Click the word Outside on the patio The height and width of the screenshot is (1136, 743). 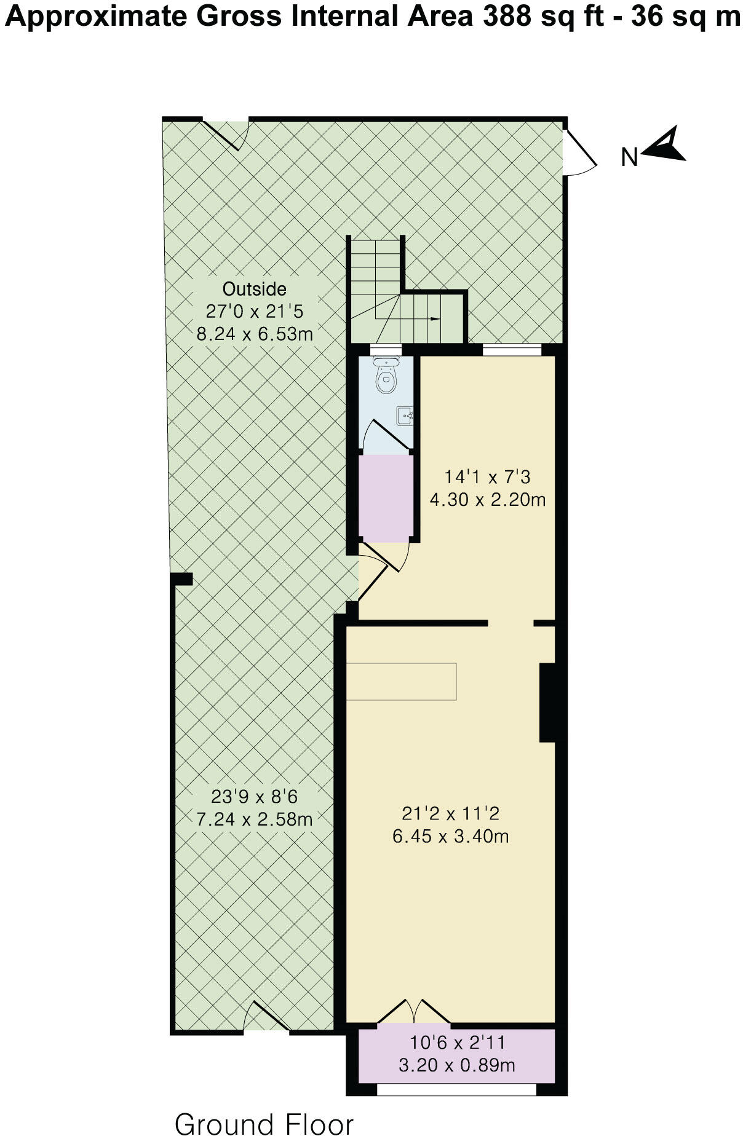255,289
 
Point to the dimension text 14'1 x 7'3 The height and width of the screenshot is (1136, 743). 487,476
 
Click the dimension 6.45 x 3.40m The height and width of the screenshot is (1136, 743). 450,837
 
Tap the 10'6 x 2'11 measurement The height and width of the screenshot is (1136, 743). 457,1043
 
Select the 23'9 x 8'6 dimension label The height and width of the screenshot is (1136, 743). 254,797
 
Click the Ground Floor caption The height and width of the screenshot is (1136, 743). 264,1122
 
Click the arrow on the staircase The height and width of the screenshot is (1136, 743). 434,319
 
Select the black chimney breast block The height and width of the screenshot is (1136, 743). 547,702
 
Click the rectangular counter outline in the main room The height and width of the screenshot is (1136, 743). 402,682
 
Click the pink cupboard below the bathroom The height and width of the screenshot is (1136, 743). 386,498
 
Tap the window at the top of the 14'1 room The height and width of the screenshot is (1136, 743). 512,350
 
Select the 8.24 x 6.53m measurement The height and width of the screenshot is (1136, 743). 255,334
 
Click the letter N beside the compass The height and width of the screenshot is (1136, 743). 629,158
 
